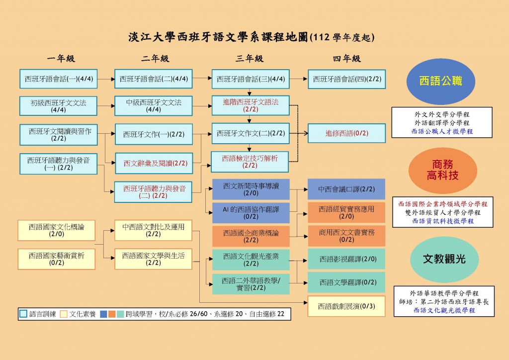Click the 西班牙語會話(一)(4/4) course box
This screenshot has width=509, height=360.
click(59, 79)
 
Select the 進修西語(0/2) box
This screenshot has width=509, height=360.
click(346, 133)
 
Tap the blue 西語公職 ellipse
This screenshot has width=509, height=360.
click(441, 81)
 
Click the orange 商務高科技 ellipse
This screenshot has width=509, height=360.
click(443, 170)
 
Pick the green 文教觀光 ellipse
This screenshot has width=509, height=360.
click(444, 259)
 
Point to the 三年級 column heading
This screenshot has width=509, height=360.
click(250, 59)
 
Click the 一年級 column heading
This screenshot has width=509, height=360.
click(61, 59)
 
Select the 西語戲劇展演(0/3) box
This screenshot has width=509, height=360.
click(346, 306)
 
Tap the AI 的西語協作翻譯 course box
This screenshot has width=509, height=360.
click(251, 213)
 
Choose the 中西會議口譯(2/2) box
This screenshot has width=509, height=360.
click(346, 189)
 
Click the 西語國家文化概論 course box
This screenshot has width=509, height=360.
click(57, 230)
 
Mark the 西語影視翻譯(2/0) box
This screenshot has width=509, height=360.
click(346, 259)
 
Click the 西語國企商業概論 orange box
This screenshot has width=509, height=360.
click(251, 236)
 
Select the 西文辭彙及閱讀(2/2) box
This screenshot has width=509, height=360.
click(154, 163)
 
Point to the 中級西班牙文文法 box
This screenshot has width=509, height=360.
click(154, 106)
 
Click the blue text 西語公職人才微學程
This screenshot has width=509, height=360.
click(442, 131)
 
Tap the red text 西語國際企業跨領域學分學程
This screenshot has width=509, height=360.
click(443, 204)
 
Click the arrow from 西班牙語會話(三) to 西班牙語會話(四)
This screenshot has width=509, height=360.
click(298, 79)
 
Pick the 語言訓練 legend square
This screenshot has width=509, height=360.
click(23, 314)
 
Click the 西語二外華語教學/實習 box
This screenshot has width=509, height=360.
click(251, 284)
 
